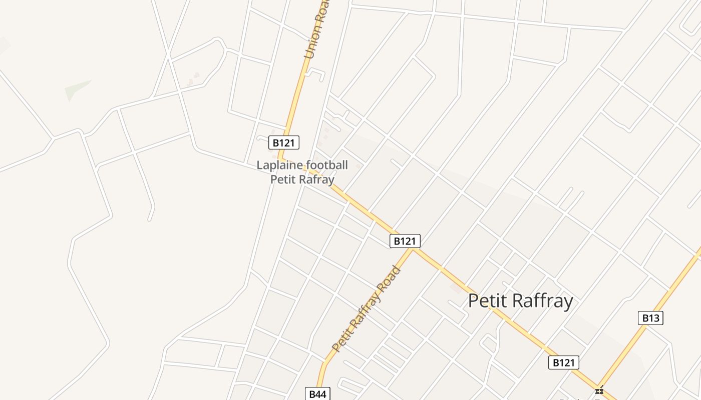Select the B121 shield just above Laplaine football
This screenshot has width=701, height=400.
coord(284,142)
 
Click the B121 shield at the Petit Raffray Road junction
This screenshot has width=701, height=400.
coord(405,241)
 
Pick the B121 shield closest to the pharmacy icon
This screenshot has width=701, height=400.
coord(564,362)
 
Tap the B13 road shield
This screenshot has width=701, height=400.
coord(650,318)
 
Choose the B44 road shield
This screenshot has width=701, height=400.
coord(317,394)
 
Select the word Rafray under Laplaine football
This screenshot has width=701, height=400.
coord(318,179)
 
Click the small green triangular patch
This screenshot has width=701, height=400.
coord(76,89)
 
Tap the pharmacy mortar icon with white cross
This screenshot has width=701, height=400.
coord(599,391)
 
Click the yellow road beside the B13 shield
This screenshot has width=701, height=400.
coord(666,300)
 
